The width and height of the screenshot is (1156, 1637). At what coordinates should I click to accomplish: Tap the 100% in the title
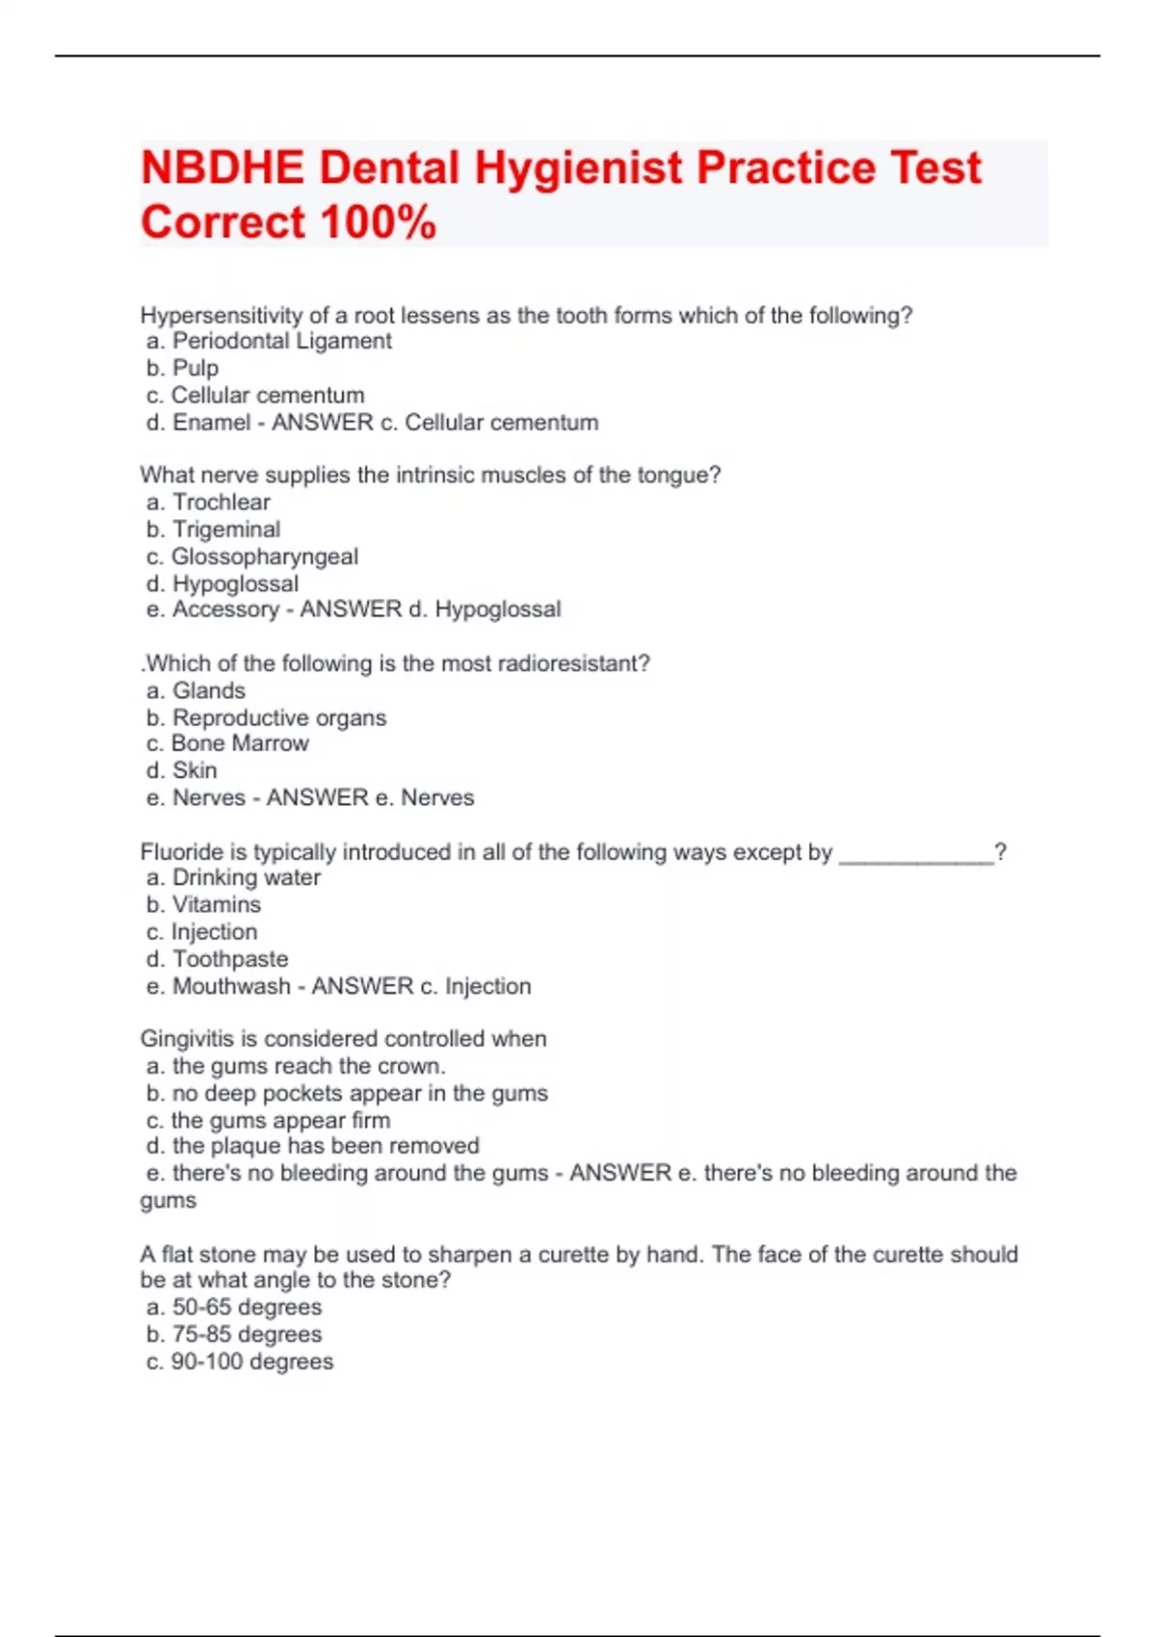379,222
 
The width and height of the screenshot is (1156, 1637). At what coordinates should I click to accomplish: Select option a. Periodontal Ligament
269,341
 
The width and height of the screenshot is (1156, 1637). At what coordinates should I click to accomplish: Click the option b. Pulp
183,368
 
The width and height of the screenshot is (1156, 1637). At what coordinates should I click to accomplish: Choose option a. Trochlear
208,502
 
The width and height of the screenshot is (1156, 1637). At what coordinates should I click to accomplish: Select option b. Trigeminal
214,529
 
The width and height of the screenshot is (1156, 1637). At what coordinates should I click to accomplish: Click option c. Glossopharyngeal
252,557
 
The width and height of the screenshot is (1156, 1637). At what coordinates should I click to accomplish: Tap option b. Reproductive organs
266,717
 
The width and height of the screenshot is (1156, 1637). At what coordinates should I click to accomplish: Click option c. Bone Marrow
227,743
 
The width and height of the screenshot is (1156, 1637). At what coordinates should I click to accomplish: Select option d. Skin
182,770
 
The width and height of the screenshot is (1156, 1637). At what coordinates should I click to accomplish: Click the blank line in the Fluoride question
916,854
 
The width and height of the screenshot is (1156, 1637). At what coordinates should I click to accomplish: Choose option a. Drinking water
233,877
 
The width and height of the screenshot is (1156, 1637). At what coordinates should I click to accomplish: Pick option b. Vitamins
203,904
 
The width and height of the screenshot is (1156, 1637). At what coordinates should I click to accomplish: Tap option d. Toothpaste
217,959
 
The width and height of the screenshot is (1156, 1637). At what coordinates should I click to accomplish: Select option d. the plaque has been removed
313,1146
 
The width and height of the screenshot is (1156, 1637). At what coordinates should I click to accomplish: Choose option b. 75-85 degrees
234,1335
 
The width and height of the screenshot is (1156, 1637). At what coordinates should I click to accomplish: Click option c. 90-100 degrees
240,1362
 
